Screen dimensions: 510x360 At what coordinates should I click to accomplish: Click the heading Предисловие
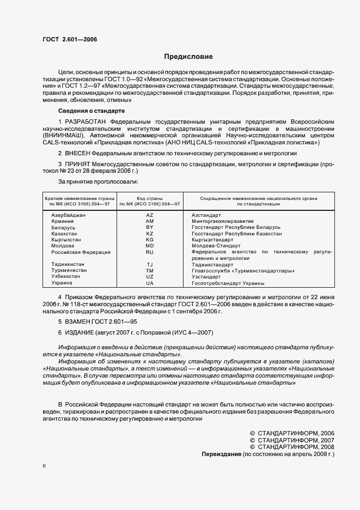188,57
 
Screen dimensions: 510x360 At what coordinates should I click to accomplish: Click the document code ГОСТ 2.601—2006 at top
66,39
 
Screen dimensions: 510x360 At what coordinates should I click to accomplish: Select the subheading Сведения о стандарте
88,111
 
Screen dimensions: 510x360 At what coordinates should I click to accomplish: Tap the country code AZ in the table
150,215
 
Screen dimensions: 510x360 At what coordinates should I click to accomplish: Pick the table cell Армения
63,221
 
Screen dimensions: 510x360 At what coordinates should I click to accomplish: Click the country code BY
150,227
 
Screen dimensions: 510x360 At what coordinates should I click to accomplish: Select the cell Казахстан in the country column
64,233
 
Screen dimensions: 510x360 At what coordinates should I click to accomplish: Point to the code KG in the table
150,239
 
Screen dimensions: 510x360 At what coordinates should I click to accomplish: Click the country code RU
150,252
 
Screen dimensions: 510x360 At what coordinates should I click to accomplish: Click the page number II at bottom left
44,466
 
